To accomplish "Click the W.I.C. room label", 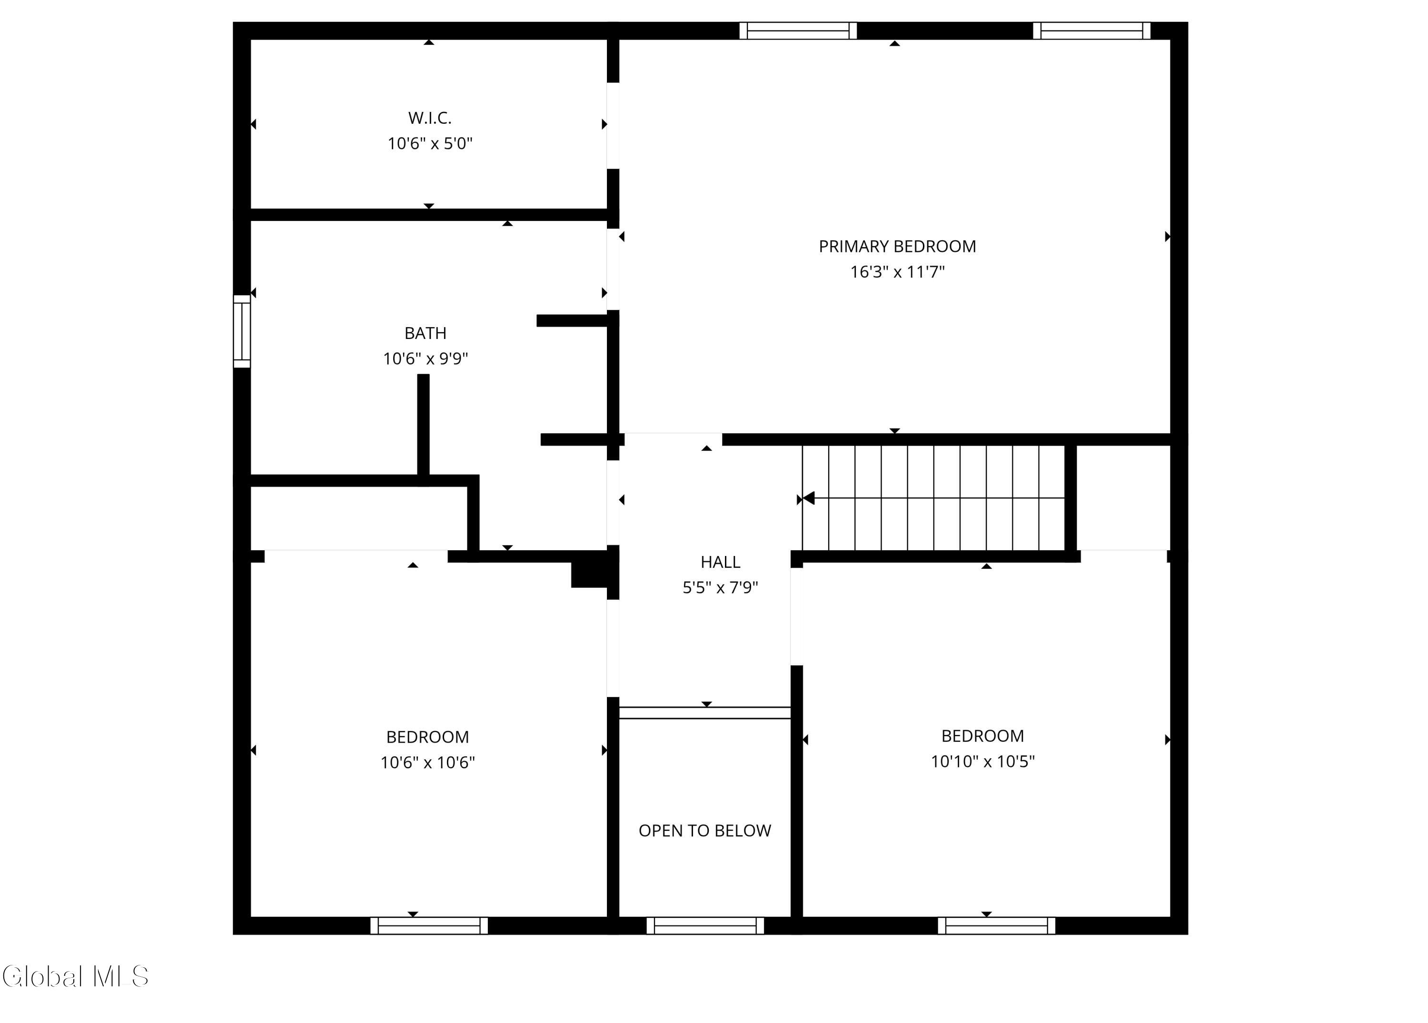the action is [430, 118].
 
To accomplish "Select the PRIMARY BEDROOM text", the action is [897, 246].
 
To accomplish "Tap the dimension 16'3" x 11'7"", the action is [897, 272].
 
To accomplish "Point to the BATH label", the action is [426, 333].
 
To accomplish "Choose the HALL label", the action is [720, 562].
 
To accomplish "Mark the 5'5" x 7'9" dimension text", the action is [720, 587].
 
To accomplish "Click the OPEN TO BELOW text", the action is [704, 830].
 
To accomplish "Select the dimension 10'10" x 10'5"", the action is [983, 761].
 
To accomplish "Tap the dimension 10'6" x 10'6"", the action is [427, 763].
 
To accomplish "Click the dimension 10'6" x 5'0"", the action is [430, 144].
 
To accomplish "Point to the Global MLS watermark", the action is [76, 976].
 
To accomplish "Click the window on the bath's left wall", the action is [242, 331].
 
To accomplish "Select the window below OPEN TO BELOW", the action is [705, 925].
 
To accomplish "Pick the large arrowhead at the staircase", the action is [808, 498].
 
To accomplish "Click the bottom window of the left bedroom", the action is [429, 925].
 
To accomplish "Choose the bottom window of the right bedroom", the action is [997, 925].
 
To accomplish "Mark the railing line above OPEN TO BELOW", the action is [704, 713].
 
